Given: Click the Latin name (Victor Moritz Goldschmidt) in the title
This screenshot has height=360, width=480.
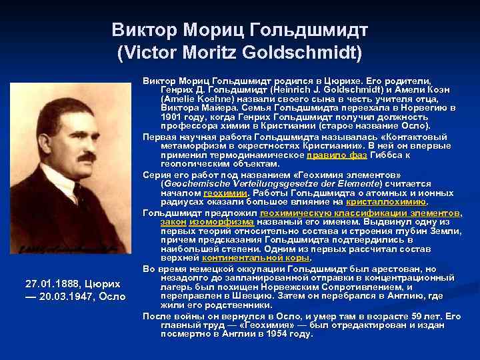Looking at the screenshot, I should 239,51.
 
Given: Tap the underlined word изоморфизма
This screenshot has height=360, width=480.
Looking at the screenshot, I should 212,221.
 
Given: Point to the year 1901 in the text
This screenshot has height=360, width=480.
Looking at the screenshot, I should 172,117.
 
